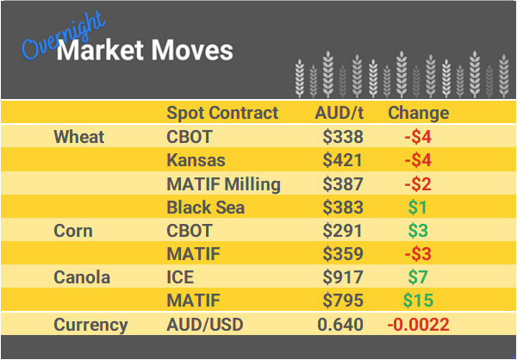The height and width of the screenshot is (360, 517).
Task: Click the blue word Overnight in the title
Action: point(60,36)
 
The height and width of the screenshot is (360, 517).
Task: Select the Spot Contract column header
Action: point(222,113)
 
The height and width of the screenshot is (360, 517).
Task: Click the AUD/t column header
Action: point(339,113)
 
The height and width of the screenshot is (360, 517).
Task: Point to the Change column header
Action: point(418,113)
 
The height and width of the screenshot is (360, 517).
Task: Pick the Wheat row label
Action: point(78,137)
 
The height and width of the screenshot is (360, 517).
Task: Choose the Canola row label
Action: point(81,277)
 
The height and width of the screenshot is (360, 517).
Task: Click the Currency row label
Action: point(90,325)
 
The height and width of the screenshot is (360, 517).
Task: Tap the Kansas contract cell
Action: point(196,160)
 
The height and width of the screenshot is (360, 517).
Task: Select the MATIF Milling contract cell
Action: point(223,183)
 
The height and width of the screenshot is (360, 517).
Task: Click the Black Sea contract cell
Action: point(205,207)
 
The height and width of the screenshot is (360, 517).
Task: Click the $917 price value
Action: point(342,277)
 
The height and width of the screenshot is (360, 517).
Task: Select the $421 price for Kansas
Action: point(342,160)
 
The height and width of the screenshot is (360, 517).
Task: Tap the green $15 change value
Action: point(418,301)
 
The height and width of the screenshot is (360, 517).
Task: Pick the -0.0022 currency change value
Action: point(418,325)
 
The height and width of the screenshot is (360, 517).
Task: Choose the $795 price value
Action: point(342,301)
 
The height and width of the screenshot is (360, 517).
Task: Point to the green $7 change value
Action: point(418,277)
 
